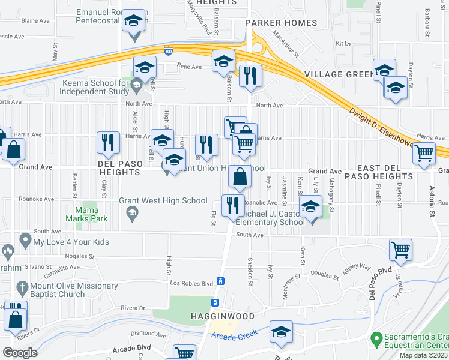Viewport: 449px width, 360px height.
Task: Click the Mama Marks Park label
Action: coord(91,215)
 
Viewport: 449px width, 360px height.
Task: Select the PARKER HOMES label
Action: coord(281,23)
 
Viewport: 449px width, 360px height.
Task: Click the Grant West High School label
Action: coord(163,200)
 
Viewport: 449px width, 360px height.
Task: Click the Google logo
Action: coord(20,353)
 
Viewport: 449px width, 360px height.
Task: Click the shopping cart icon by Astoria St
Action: coord(424,154)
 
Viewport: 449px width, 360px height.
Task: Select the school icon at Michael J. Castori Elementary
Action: coord(310,208)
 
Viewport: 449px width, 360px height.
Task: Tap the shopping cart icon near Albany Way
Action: coord(400,249)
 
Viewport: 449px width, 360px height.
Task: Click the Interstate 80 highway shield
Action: coord(168,52)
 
